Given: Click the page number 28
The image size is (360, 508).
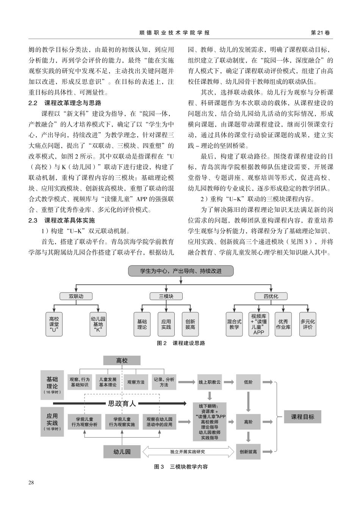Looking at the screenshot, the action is (x=31, y=482).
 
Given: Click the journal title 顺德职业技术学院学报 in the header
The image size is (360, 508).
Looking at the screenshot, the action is (x=174, y=33).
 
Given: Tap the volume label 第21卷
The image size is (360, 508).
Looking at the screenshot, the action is (x=320, y=33).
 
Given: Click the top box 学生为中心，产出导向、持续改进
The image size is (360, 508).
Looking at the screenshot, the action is (x=181, y=271).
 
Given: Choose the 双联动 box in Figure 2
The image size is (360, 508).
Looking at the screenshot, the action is (x=76, y=296).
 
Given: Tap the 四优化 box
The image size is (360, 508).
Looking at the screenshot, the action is (x=271, y=296).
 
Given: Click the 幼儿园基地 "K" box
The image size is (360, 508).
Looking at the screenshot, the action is (x=98, y=324).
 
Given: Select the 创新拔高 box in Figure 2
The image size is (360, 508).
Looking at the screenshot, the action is (x=190, y=324).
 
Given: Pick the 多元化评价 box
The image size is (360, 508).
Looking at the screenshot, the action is (x=308, y=324).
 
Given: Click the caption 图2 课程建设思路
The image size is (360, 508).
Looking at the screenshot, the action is (x=181, y=343).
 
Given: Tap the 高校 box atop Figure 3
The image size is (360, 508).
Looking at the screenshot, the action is (x=122, y=361).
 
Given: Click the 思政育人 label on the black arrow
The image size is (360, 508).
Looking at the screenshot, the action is (x=122, y=403).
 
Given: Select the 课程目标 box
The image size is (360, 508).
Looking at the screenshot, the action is (x=302, y=417).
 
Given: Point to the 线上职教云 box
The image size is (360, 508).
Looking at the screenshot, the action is (x=210, y=382).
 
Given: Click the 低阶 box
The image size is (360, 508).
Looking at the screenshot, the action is (x=248, y=382).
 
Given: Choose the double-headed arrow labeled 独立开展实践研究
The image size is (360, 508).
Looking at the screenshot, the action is (x=188, y=452).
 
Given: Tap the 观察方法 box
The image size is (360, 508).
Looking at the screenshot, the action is (x=136, y=382).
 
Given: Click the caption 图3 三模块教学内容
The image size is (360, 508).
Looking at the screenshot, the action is (x=181, y=467).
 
